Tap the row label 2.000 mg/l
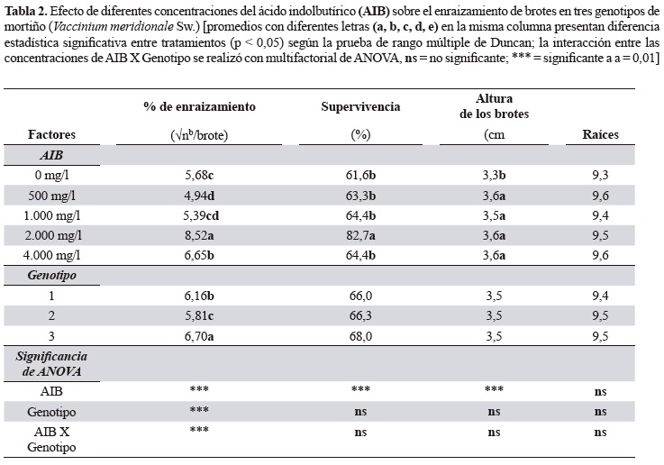click(57, 236)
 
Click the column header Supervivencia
click(360, 106)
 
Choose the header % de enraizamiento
click(199, 106)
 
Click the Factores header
click(50, 135)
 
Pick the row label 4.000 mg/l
click(57, 256)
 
